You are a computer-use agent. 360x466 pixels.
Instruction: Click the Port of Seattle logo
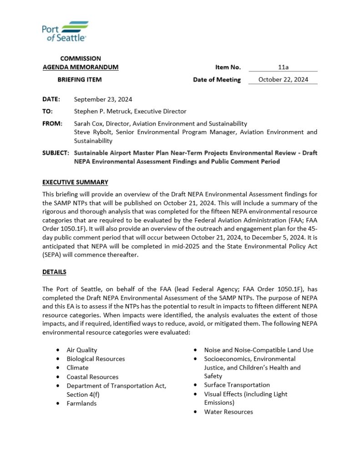pyautogui.click(x=65, y=32)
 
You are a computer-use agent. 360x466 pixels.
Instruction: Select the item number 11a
pyautogui.click(x=283, y=67)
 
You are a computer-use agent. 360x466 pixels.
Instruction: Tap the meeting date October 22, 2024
pyautogui.click(x=283, y=80)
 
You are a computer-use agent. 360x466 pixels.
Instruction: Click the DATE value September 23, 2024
pyautogui.click(x=103, y=99)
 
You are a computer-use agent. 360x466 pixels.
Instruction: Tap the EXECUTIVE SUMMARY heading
pyautogui.click(x=75, y=182)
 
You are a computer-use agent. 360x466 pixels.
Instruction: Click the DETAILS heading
pyautogui.click(x=54, y=272)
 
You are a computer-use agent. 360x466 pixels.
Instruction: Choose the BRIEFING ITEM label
pyautogui.click(x=80, y=80)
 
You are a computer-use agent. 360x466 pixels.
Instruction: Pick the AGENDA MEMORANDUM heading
pyautogui.click(x=81, y=67)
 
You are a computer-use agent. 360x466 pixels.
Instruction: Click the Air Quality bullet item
pyautogui.click(x=81, y=350)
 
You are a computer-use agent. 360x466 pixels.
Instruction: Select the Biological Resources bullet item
pyautogui.click(x=96, y=359)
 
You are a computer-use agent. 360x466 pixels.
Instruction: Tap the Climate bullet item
pyautogui.click(x=77, y=368)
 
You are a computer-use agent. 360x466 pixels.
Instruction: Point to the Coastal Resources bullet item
pyautogui.click(x=92, y=377)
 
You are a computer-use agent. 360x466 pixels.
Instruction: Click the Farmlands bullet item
pyautogui.click(x=81, y=403)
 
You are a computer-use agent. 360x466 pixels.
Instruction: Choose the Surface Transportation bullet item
pyautogui.click(x=237, y=385)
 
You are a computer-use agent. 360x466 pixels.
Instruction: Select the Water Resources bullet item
pyautogui.click(x=228, y=412)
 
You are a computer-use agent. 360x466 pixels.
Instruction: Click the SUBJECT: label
pyautogui.click(x=56, y=153)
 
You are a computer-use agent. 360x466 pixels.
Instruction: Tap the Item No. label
pyautogui.click(x=228, y=67)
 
